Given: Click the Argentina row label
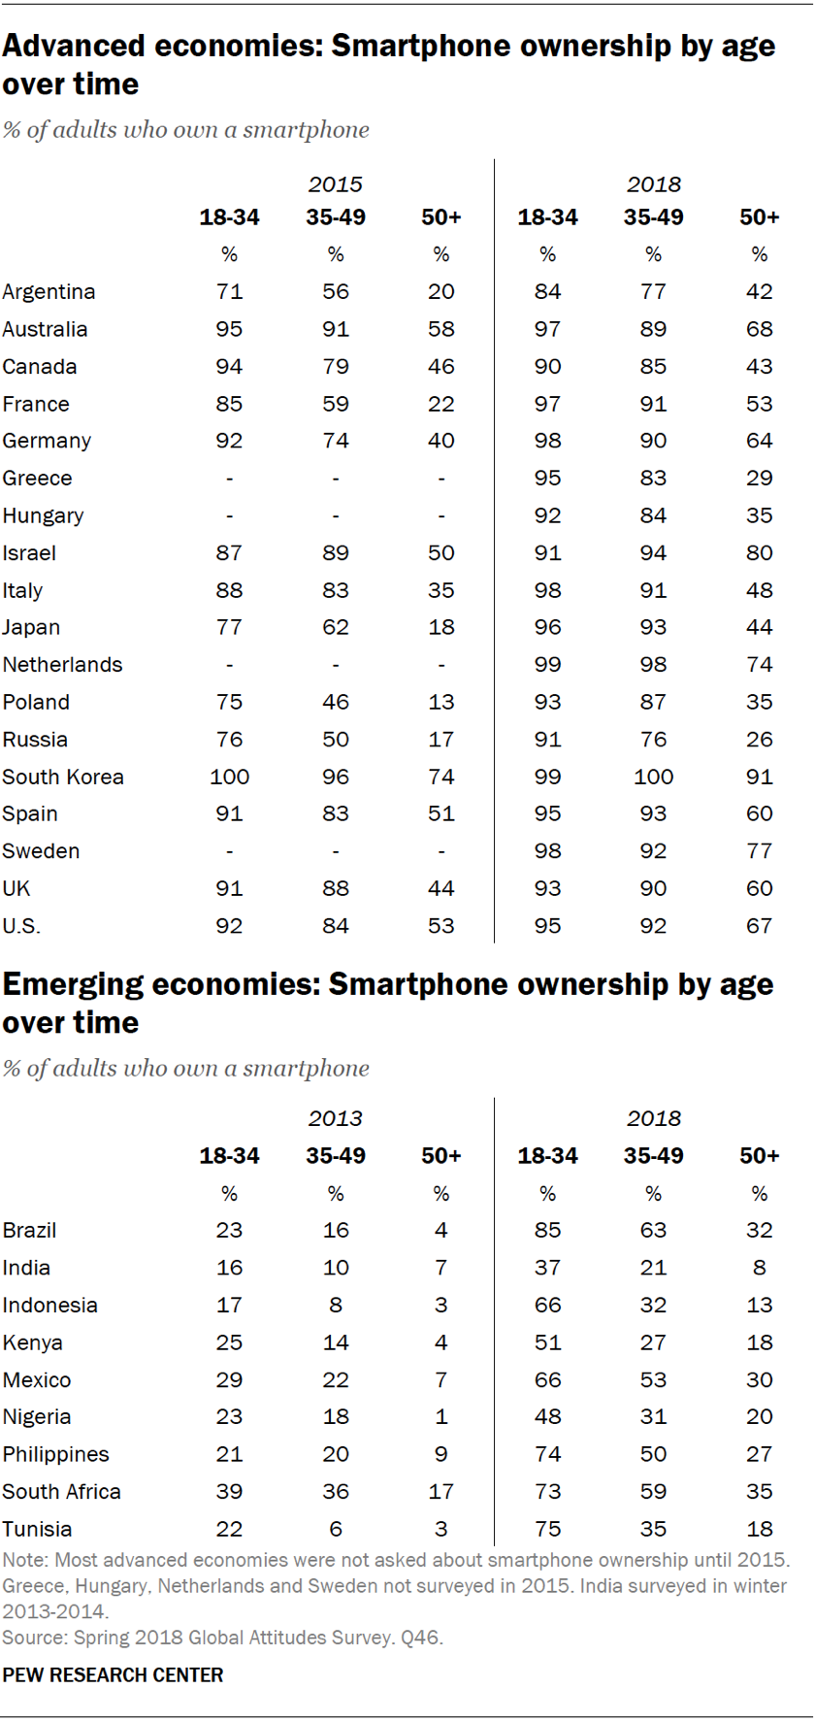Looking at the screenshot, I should [x=49, y=292].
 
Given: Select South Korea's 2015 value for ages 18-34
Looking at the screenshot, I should [x=229, y=777].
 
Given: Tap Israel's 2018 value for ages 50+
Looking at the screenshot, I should [x=759, y=553].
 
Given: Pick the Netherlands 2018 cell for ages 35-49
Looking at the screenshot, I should [x=653, y=665].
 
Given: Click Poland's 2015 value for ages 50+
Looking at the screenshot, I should [x=440, y=702].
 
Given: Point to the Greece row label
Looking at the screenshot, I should [x=37, y=479].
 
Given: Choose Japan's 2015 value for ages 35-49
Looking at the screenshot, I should [x=335, y=627].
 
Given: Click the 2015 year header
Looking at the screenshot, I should [x=335, y=184].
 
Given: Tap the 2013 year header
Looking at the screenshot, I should [x=335, y=1118].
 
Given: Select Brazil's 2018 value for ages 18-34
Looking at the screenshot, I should [x=547, y=1230].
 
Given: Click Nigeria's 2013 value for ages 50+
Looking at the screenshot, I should [x=440, y=1416].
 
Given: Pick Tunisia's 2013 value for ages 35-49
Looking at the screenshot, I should [x=335, y=1529].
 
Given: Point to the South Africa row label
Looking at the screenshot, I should [x=61, y=1491].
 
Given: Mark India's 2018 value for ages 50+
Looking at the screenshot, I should [x=759, y=1268].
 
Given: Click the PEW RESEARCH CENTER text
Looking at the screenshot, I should [x=113, y=1674].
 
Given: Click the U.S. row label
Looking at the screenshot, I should [x=21, y=926].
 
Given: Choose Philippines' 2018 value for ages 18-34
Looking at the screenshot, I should [x=547, y=1454].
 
